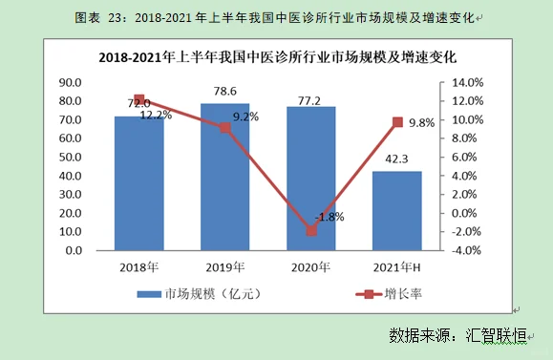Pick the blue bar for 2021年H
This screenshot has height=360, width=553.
pyautogui.click(x=397, y=212)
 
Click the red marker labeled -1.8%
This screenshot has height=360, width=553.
pyautogui.click(x=311, y=230)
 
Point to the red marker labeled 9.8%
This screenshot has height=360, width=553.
pyautogui.click(x=397, y=122)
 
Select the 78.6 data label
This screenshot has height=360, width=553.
pyautogui.click(x=225, y=92)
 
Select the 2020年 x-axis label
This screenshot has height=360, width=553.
pyautogui.click(x=311, y=266)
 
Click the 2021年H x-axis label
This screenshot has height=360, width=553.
pyautogui.click(x=397, y=266)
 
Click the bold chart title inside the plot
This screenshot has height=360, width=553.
pyautogui.click(x=276, y=56)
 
